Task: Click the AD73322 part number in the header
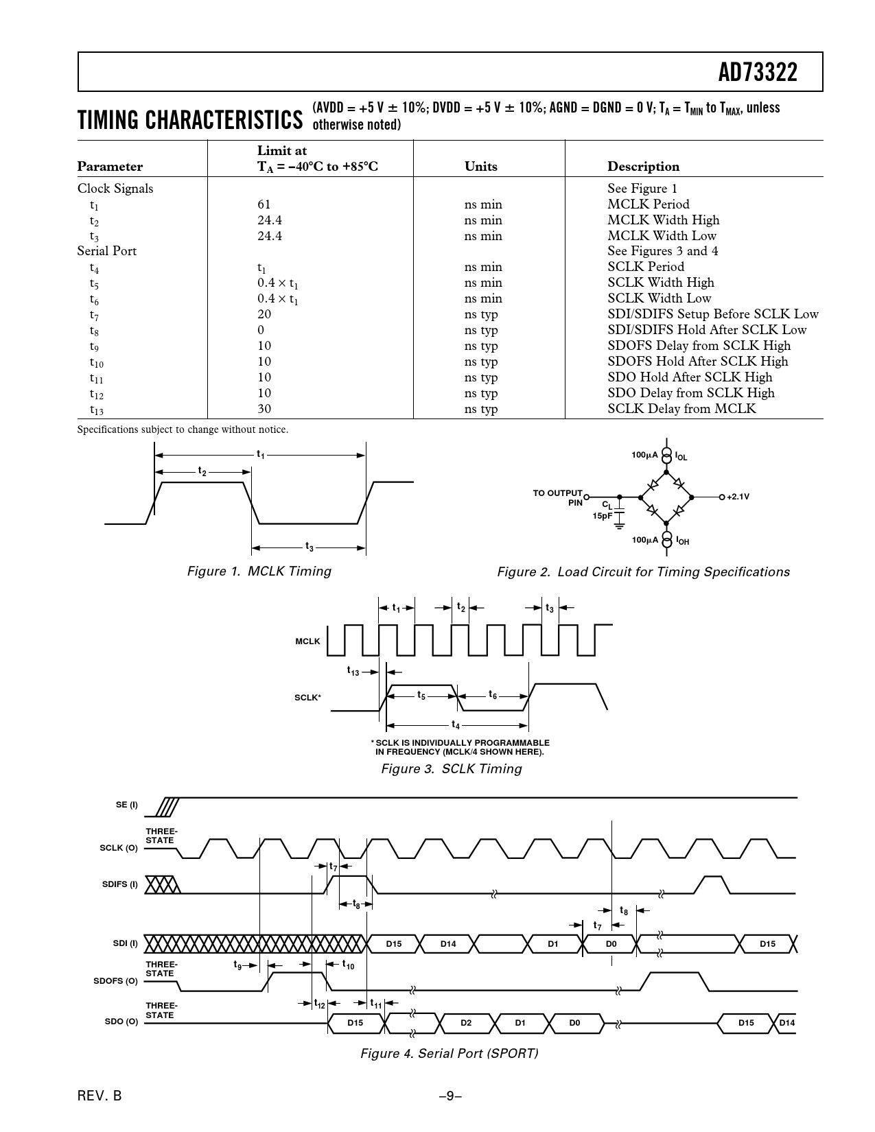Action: coord(757,73)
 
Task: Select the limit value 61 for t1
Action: coord(264,204)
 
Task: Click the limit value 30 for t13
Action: coord(264,408)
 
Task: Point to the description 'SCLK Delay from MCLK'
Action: coord(681,408)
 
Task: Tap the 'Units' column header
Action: coord(480,166)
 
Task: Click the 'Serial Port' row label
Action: coord(107,251)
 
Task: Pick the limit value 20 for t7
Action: coord(264,314)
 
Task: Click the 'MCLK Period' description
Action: coord(648,204)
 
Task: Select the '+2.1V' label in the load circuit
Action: coord(738,497)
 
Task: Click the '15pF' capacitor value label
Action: coord(603,516)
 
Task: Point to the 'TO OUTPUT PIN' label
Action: coord(558,497)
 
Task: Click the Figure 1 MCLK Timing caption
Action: coord(259,571)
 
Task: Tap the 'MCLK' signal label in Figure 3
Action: coord(307,641)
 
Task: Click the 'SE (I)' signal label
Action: coord(127,805)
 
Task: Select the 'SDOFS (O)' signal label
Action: coord(116,981)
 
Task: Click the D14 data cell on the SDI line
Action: coord(448,943)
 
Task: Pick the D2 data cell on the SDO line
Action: coord(466,1023)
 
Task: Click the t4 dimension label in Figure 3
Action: coord(456,724)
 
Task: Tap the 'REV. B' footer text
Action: coord(100,1096)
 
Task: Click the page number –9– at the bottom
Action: coord(450,1096)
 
